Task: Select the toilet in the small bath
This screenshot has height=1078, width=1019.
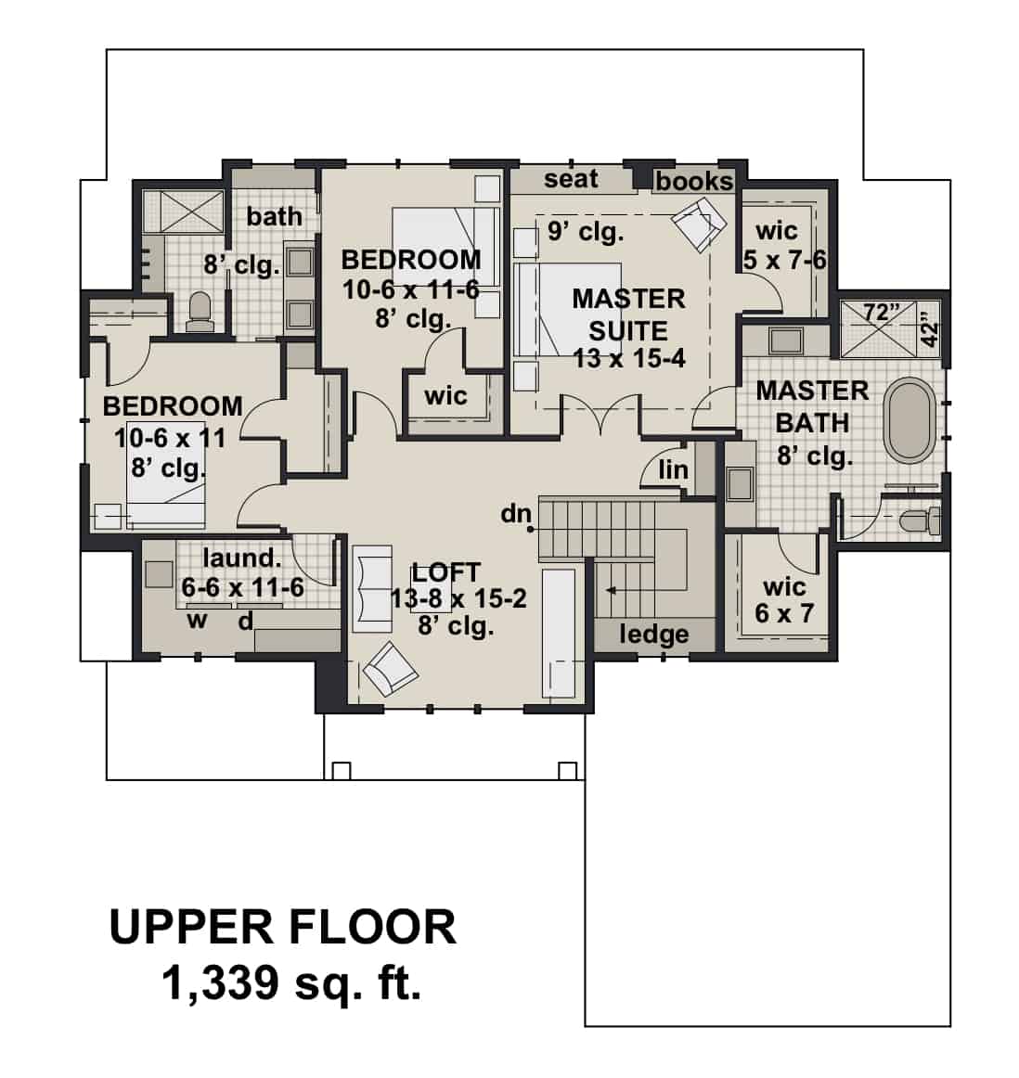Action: click(x=200, y=311)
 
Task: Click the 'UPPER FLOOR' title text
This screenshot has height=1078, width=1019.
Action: click(x=283, y=927)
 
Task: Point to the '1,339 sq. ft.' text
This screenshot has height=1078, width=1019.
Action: click(x=291, y=982)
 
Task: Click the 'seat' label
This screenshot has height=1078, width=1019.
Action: click(x=571, y=178)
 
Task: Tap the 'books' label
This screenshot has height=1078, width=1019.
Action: click(x=694, y=181)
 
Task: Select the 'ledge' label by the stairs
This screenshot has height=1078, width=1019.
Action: click(x=654, y=635)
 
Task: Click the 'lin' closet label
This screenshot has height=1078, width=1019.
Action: click(x=673, y=470)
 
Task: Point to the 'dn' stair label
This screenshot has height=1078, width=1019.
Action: click(x=515, y=513)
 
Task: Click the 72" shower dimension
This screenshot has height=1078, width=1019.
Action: click(x=876, y=313)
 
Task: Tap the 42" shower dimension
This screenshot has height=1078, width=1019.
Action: click(x=932, y=333)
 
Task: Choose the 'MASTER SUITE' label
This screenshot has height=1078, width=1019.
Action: click(x=628, y=314)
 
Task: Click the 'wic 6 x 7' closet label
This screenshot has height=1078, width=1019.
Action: click(x=784, y=600)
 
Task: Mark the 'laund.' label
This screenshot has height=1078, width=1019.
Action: click(x=241, y=558)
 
